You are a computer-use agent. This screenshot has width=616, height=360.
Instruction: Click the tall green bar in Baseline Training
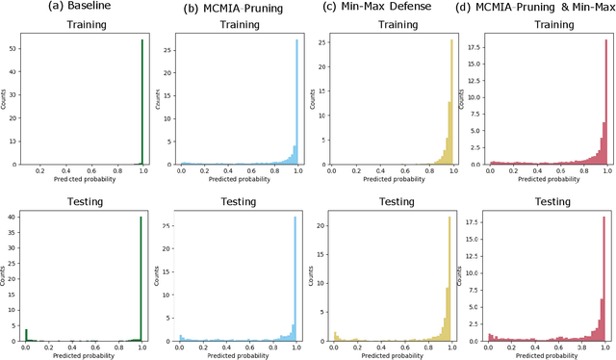coord(142,101)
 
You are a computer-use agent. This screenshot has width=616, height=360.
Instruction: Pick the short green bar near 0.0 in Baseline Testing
coord(25,334)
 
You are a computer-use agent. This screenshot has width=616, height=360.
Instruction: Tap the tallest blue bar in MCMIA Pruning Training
coord(295,101)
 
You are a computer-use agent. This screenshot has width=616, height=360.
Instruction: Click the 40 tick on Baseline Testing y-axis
coord(13,217)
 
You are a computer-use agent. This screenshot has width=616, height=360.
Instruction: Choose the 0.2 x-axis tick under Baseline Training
coord(39,170)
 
